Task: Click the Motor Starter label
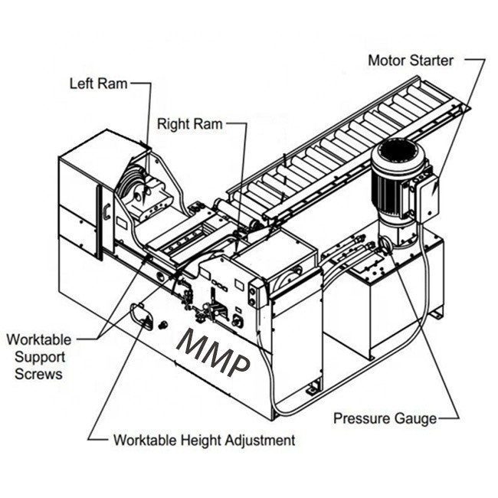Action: coord(411,60)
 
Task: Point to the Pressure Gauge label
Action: coord(385,418)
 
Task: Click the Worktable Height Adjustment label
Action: coord(204,441)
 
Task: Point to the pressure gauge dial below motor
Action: coord(385,243)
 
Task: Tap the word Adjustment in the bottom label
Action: coord(258,441)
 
